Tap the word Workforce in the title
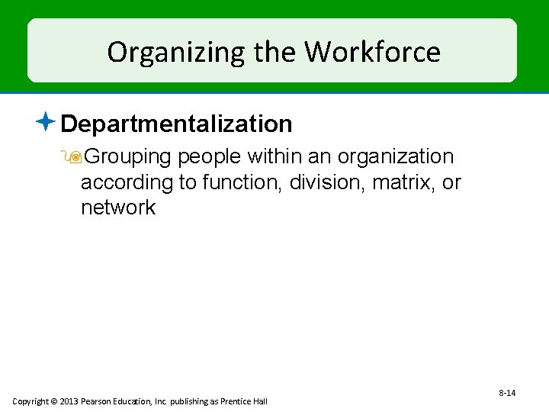(x=372, y=52)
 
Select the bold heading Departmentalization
(x=176, y=124)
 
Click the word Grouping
(x=128, y=157)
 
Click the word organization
(x=395, y=156)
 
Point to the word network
(x=118, y=208)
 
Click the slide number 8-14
(x=507, y=393)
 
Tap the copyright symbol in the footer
(x=55, y=401)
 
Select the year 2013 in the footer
(x=69, y=401)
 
